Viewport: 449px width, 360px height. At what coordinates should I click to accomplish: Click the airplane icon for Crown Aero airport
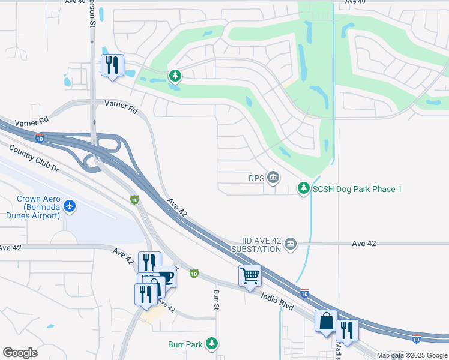coord(70,206)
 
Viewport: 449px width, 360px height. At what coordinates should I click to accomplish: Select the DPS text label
coord(256,178)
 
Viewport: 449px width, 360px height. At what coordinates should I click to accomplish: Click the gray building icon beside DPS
coord(273,177)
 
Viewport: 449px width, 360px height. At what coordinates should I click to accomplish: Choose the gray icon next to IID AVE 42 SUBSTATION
coord(291,243)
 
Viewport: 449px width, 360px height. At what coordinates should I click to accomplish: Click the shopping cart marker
coord(250,276)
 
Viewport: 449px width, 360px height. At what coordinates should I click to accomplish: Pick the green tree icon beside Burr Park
coord(211,343)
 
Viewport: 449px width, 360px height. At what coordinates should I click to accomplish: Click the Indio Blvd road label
coord(277,300)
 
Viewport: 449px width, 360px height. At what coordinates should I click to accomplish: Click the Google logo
coord(20,353)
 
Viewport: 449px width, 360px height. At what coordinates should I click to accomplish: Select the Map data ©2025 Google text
coord(412,355)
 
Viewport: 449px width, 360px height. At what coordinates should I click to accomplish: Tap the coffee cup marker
coord(165,277)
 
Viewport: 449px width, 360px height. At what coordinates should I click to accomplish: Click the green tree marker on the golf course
coord(175,76)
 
